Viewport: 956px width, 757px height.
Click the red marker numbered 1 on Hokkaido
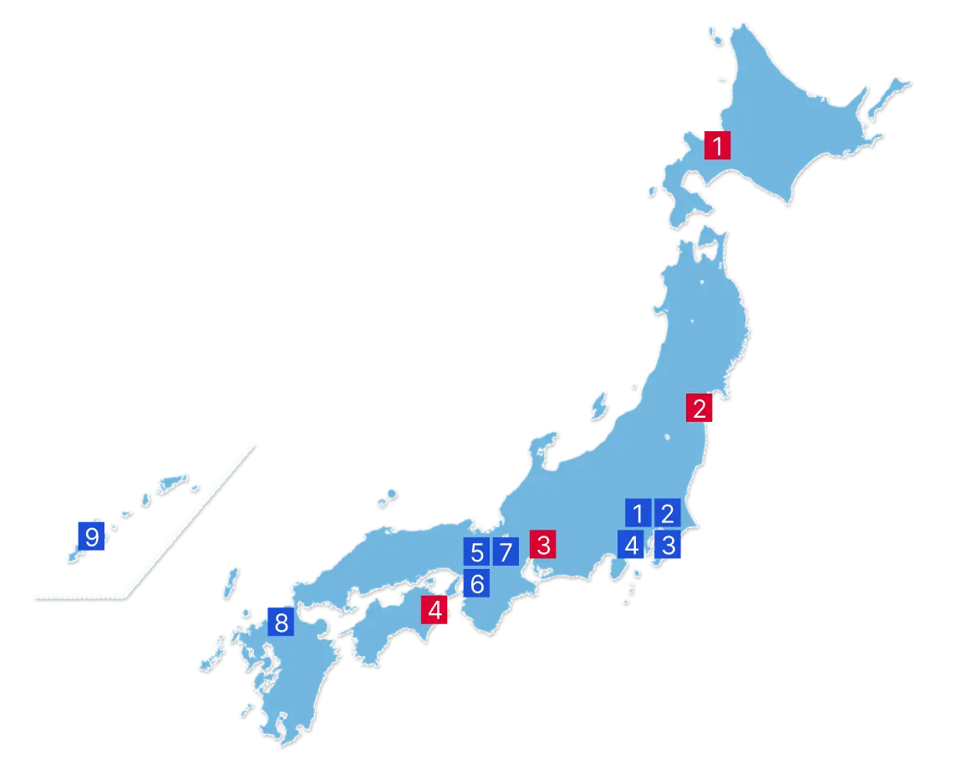717,145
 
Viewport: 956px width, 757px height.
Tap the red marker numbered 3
543,546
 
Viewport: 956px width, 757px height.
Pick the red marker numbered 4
435,611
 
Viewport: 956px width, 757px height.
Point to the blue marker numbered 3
667,546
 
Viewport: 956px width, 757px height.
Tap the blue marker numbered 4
632,546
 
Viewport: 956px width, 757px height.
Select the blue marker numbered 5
476,552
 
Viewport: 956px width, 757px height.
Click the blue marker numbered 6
476,584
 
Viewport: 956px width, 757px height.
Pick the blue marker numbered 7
505,552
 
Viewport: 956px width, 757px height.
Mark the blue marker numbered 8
281,622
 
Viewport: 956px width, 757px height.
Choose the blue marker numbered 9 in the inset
91,535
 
